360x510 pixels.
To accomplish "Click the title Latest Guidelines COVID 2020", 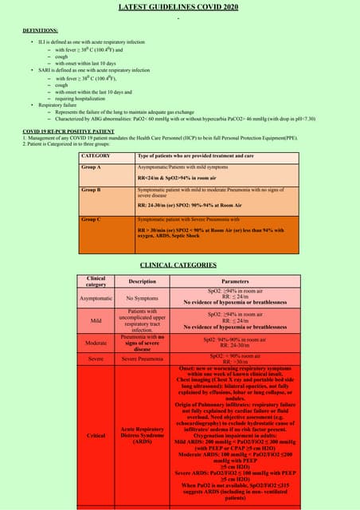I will (x=179, y=6).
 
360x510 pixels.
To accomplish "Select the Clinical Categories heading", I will (x=178, y=264).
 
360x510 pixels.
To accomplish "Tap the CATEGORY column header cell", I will (x=96, y=156).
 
